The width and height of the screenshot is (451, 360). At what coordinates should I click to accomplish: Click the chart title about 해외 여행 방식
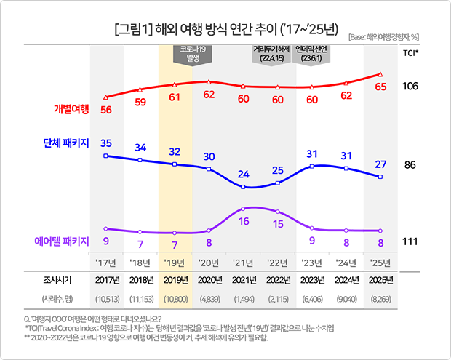(x=225, y=30)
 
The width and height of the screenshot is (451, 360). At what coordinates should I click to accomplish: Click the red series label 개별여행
(x=71, y=109)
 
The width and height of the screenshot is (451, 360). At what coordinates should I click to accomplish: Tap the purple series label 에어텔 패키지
(x=62, y=240)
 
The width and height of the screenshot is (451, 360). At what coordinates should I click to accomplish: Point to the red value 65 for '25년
(x=380, y=87)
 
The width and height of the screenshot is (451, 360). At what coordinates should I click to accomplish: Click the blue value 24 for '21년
(x=244, y=174)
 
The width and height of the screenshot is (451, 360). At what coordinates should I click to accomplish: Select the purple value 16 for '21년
(x=244, y=220)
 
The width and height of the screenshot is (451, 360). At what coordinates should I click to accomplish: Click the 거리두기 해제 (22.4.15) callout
(x=271, y=55)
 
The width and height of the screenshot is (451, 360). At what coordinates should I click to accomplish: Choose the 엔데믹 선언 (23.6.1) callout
(x=314, y=55)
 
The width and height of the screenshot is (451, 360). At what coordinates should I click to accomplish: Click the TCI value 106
(x=410, y=87)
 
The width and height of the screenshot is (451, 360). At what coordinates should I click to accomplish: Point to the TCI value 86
(x=410, y=165)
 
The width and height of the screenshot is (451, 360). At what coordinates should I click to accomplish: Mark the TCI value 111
(x=410, y=241)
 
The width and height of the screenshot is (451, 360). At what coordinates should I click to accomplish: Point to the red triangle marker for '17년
(x=106, y=97)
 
